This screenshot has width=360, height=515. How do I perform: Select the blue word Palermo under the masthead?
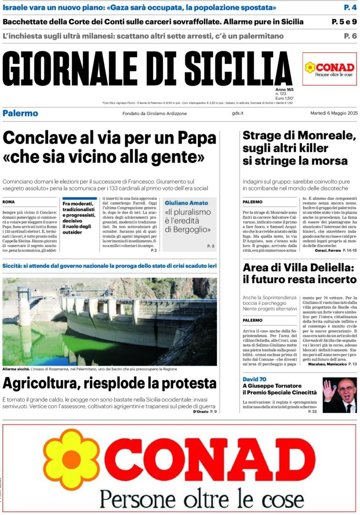(20, 113)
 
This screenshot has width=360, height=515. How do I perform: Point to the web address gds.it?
(237, 113)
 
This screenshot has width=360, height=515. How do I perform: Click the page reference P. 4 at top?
(350, 8)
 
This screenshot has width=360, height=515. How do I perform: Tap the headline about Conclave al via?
(110, 147)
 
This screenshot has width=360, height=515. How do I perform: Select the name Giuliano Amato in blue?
(186, 203)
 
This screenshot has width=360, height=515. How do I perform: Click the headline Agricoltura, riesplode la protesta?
(110, 383)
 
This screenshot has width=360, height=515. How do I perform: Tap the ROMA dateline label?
(9, 202)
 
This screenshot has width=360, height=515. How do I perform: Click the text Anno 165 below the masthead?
(284, 90)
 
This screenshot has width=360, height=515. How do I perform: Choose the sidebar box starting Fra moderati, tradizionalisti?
(79, 217)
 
